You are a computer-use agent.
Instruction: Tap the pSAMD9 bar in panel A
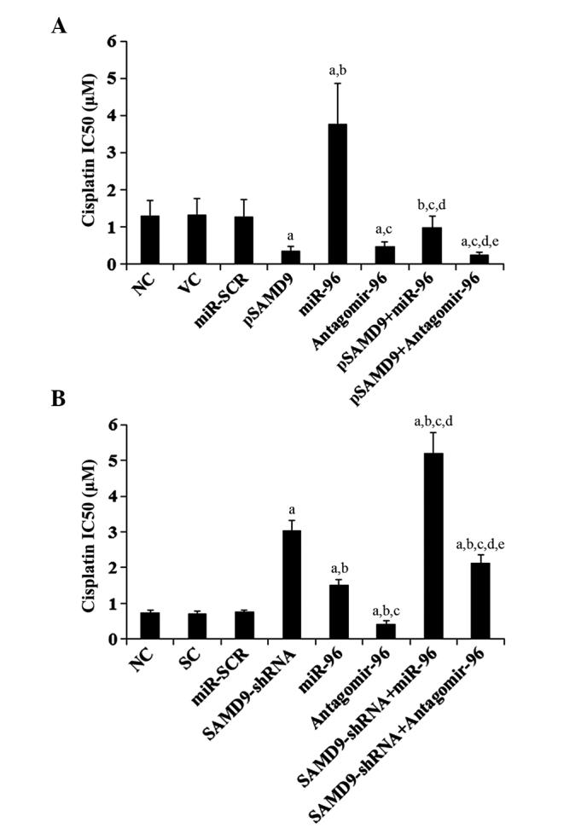291,257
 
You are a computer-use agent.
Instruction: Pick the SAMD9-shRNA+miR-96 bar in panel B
433,546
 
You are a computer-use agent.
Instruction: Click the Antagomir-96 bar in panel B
386,631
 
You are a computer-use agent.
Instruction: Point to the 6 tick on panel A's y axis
112,41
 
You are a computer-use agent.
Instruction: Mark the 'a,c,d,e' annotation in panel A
482,241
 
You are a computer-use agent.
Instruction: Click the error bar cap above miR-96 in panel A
338,83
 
